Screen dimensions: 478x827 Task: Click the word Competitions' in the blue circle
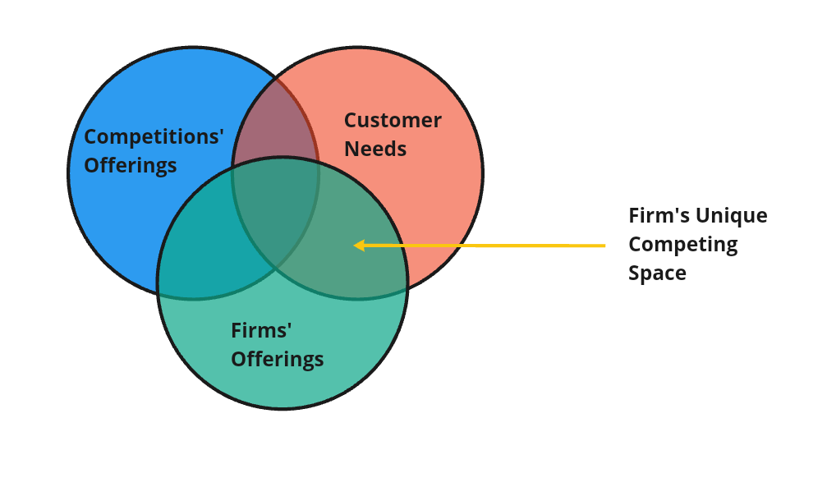(154, 136)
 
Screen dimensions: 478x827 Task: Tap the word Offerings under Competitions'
(130, 165)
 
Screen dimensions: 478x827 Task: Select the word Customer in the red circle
(392, 120)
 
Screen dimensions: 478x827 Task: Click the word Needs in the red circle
(374, 149)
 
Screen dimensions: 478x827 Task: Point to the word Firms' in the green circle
(261, 330)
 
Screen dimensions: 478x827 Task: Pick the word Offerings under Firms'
(277, 359)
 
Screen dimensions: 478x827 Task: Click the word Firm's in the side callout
(658, 215)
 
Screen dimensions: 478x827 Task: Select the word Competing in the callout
(682, 244)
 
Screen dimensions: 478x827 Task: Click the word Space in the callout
(657, 273)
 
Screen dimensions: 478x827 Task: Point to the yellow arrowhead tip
(355, 245)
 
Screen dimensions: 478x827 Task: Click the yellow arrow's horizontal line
(493, 245)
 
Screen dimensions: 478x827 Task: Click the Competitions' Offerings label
(154, 151)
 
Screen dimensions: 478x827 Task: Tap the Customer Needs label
(392, 135)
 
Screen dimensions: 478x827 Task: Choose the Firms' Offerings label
(277, 345)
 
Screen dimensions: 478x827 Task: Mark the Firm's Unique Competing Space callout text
(697, 244)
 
